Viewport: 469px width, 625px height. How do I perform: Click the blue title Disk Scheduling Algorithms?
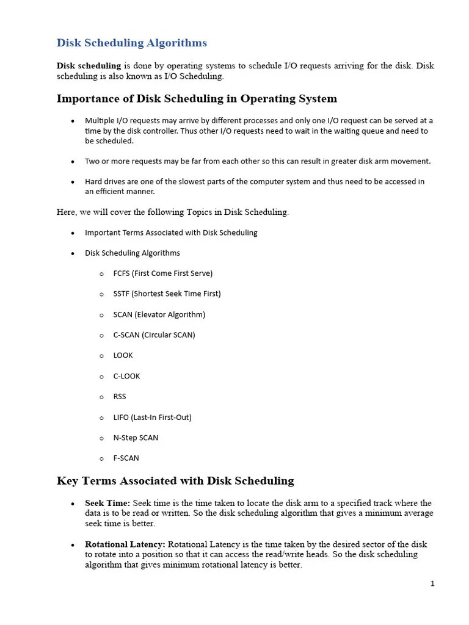coord(131,43)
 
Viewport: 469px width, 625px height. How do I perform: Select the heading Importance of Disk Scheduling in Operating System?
coord(197,99)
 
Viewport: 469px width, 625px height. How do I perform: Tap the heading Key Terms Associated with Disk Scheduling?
coord(175,481)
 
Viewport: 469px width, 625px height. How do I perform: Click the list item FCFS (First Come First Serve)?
coord(162,273)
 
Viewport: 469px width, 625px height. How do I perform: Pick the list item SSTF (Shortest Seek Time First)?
coord(167,294)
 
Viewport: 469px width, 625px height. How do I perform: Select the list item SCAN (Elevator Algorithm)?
coord(159,314)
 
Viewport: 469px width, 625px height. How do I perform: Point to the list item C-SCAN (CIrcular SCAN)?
coord(154,335)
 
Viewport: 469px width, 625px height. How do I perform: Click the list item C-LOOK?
coord(126,376)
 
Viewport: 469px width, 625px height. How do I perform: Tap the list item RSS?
coord(120,397)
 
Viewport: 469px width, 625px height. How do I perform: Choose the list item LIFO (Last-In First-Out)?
coord(152,417)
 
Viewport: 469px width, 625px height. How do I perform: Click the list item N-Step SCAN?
coord(136,438)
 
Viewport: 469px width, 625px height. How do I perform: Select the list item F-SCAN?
coord(126,458)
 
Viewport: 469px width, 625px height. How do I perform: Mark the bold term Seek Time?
coord(107,503)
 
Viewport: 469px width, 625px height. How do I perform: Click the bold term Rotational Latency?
coord(125,544)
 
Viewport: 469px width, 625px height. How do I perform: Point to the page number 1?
coord(432,583)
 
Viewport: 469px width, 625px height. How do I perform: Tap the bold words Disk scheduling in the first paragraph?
coord(89,66)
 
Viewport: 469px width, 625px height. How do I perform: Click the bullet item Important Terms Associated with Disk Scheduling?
coord(171,233)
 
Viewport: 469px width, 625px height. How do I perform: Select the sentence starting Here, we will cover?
coord(172,212)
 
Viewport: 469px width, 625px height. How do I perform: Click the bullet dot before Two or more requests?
coord(73,162)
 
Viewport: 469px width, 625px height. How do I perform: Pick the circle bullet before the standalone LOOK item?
coord(101,356)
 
